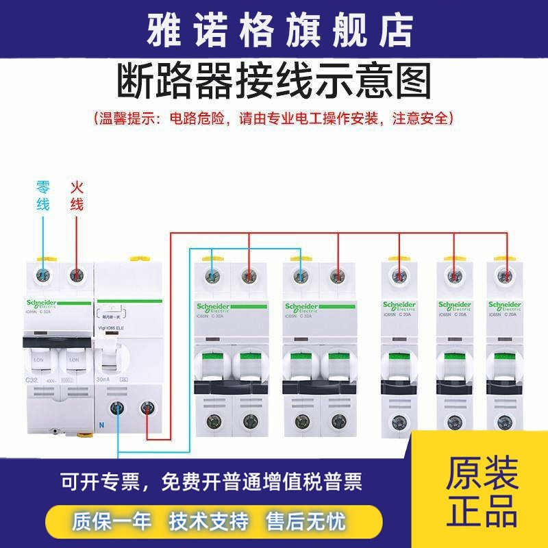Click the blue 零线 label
(42, 195)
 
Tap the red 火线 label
(77, 195)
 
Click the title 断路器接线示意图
(275, 82)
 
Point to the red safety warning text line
(274, 119)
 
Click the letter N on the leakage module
(101, 425)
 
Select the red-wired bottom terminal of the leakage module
(146, 409)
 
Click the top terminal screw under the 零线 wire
(42, 275)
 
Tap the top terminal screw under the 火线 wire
(77, 275)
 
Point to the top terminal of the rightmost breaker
(506, 275)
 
